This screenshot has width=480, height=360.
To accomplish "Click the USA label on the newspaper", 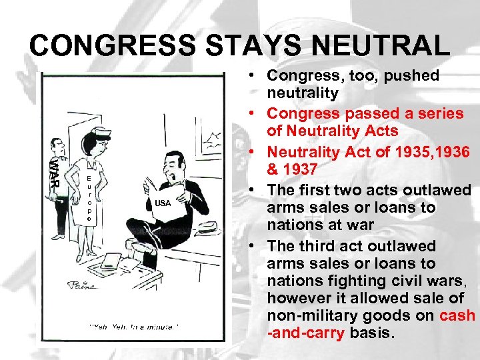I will click(x=163, y=203).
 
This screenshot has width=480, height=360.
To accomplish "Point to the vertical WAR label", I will click(x=54, y=172).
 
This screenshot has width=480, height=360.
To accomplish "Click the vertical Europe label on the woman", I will click(x=89, y=198).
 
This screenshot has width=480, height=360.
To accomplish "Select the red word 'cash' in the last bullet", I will click(x=457, y=315).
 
